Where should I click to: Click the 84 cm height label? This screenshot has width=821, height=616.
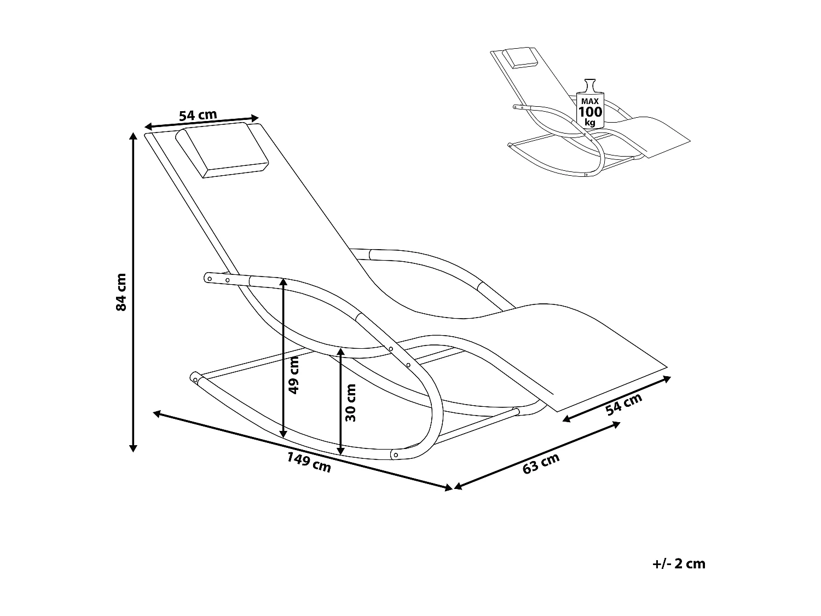tap(121, 292)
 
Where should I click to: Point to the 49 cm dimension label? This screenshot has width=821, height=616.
tap(294, 375)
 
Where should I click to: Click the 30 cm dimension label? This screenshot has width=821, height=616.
tap(351, 402)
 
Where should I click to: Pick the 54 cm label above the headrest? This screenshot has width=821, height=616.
tap(198, 116)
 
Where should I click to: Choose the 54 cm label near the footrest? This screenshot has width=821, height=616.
tap(624, 405)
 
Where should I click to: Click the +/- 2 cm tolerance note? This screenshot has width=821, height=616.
tap(679, 563)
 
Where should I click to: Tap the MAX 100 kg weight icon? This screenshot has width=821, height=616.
tap(589, 106)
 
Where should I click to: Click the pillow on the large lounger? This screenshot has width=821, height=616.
tap(222, 150)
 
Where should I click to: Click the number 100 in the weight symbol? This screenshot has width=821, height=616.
tap(589, 112)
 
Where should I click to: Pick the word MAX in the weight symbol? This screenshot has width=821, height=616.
tap(589, 101)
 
